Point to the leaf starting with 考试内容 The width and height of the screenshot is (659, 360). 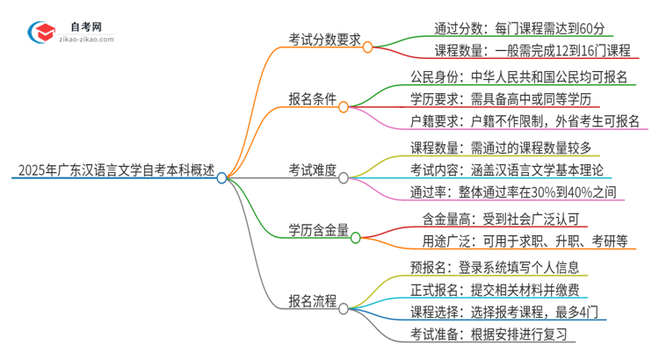500,169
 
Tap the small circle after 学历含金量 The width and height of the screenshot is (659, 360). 355,236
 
